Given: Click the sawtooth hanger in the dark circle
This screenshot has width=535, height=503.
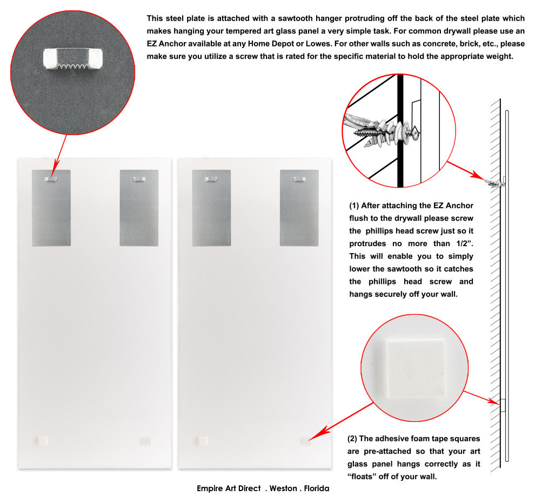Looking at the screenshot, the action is [x=73, y=59].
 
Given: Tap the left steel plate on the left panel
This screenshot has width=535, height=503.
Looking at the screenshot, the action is [x=51, y=208].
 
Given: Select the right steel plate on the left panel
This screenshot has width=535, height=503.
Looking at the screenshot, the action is [x=139, y=208].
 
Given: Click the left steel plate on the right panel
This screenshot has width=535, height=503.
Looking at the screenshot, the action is [x=211, y=208].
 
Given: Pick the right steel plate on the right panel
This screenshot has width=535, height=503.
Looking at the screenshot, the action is [x=299, y=208].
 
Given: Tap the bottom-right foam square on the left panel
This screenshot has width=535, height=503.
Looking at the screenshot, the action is [x=146, y=441].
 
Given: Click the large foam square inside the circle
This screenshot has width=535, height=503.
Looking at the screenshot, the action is [x=416, y=368].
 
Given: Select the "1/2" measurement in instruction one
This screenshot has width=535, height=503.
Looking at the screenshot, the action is [x=464, y=243].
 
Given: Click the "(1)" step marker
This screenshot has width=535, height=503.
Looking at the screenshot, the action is [x=354, y=206].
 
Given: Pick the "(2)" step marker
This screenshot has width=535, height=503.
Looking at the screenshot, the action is [x=352, y=439].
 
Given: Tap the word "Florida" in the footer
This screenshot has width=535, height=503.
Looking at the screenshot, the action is [x=317, y=488].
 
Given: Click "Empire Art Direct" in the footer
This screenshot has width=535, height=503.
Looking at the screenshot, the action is [x=229, y=488].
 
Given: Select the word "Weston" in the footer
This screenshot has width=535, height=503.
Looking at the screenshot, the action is [x=283, y=488].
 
